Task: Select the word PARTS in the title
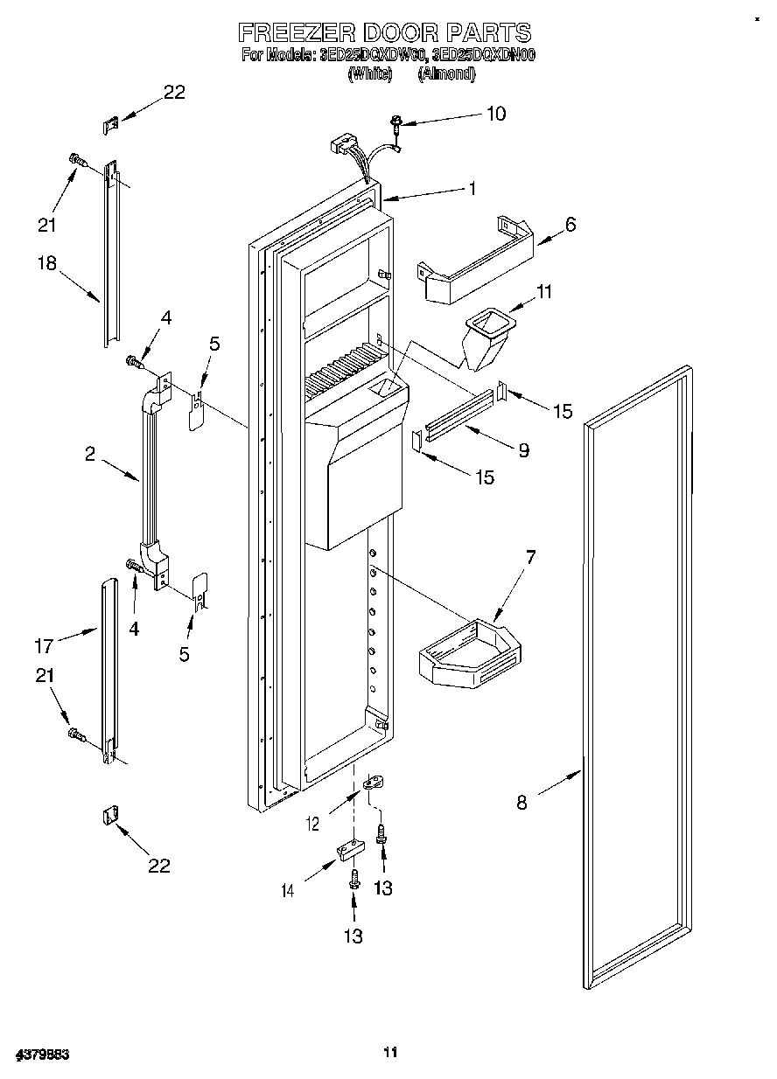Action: (x=487, y=32)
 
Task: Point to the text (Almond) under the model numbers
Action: (x=446, y=74)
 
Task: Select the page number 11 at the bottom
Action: (x=390, y=1052)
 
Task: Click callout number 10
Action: (x=495, y=114)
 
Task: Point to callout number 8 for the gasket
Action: (x=521, y=802)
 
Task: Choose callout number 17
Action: (x=43, y=646)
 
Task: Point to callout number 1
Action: (x=472, y=187)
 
